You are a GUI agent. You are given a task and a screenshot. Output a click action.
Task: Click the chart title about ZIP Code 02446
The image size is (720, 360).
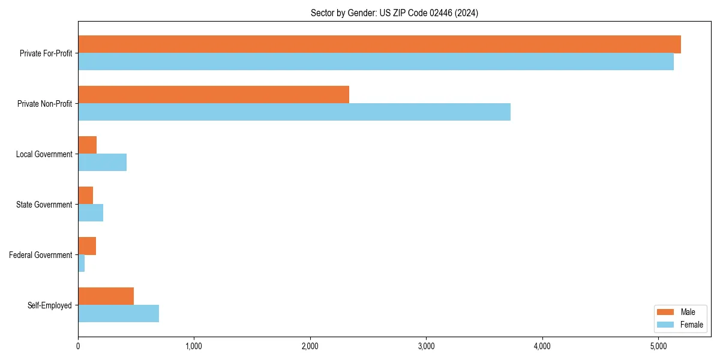[x=394, y=13]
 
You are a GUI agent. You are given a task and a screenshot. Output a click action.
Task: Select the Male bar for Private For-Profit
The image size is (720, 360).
[x=379, y=44]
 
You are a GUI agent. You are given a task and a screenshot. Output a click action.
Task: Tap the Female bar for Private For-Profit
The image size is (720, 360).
[x=376, y=62]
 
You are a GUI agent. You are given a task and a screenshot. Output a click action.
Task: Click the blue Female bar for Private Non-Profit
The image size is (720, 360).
[x=294, y=112]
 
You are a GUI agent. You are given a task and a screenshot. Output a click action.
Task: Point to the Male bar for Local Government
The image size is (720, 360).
[x=88, y=145]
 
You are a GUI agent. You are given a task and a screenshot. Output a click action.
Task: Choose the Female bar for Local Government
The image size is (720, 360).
[x=103, y=163]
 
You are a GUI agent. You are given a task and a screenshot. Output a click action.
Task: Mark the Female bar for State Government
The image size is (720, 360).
[x=91, y=213]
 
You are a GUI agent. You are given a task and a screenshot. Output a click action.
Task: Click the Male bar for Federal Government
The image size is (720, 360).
[x=87, y=246]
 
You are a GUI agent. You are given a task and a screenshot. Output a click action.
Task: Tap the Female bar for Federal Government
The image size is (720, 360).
[x=82, y=263]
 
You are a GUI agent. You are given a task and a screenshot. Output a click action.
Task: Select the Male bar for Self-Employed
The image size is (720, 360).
[x=106, y=296]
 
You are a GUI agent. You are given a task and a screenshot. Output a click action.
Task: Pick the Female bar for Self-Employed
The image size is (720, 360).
[x=119, y=314]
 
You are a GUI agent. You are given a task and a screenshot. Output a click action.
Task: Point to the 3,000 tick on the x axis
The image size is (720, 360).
[x=426, y=346]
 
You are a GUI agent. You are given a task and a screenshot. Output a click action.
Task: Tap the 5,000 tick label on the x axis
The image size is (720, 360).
[x=658, y=346]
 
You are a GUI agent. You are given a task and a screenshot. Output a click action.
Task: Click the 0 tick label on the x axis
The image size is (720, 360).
[x=78, y=346]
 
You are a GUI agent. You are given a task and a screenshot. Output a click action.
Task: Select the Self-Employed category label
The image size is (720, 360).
[x=49, y=305]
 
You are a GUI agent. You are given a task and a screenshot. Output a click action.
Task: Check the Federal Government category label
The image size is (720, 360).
[x=40, y=255]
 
